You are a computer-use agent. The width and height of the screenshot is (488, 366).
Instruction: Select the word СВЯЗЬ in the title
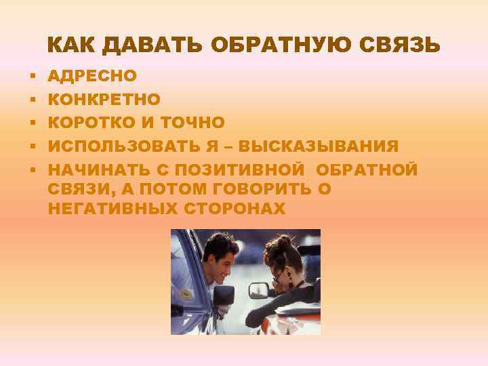403,45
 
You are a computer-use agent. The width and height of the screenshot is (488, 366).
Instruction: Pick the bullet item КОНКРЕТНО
104,100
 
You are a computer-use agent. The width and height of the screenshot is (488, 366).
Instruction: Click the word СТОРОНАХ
235,209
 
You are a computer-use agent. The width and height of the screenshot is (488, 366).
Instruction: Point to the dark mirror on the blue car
222,297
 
